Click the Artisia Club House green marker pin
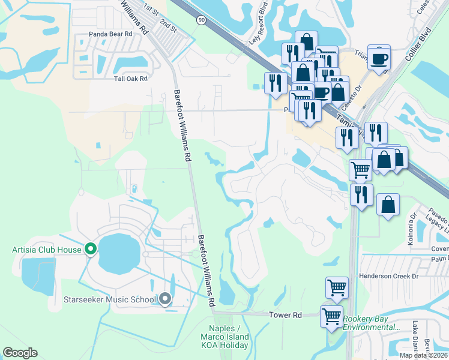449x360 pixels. [91, 248]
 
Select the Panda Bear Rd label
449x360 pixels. [110, 34]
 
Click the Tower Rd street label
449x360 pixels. [285, 314]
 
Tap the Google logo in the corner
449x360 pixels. [20, 353]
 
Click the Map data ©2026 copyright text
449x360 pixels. [424, 355]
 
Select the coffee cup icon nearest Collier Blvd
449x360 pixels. [379, 58]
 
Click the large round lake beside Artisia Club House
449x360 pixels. [118, 252]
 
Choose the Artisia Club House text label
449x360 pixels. [46, 249]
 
